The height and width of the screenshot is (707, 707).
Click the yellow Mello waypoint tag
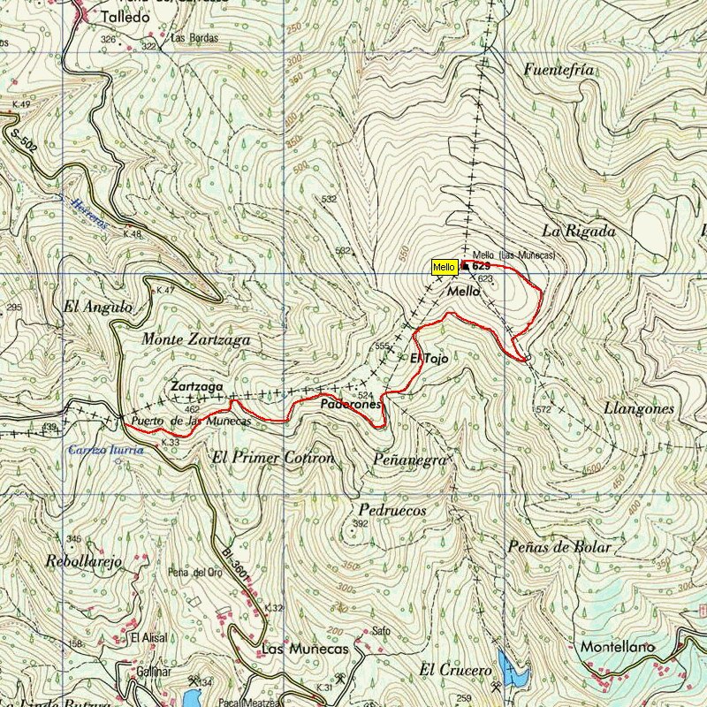(444, 267)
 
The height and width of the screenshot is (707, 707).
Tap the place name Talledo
(125, 17)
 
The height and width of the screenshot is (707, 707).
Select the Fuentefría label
(558, 70)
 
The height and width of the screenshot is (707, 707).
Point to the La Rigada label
(579, 232)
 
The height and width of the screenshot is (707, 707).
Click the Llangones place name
(638, 408)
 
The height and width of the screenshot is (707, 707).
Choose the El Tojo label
(430, 359)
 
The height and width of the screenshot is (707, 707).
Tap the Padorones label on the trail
(351, 404)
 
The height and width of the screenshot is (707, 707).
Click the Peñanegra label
(411, 460)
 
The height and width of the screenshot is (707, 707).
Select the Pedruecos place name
(393, 510)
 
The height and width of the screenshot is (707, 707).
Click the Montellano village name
(618, 647)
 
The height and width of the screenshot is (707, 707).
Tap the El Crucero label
(455, 670)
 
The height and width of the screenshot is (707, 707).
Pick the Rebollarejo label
(83, 560)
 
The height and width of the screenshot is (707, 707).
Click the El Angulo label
(97, 308)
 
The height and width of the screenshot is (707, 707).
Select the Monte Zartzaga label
(195, 339)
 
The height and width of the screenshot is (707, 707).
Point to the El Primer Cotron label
(274, 458)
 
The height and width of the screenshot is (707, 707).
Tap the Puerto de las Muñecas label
(190, 422)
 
